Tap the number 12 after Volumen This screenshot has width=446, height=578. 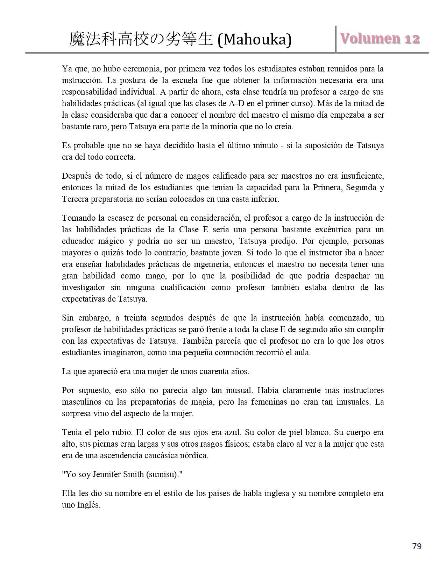(x=412, y=39)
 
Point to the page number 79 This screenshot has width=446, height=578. (x=417, y=546)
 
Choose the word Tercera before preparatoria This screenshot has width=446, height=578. (x=75, y=199)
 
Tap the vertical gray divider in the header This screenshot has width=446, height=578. (x=336, y=39)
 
